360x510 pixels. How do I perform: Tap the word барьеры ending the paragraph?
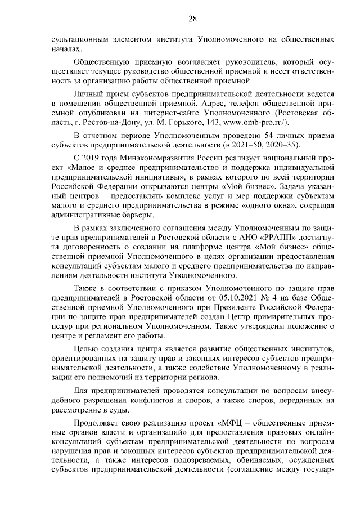(x=132, y=216)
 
